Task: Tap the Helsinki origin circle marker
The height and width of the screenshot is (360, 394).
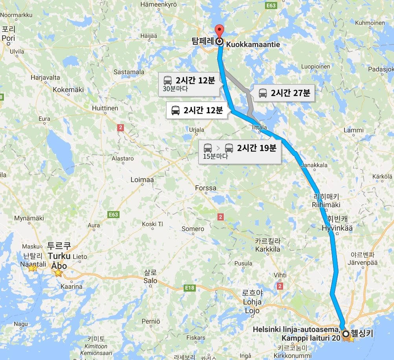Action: [346, 334]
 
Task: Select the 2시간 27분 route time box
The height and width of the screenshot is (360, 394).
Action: [284, 94]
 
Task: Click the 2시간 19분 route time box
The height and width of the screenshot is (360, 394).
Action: [240, 151]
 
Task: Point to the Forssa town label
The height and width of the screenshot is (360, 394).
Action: [206, 188]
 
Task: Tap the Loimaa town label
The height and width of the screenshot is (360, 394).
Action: [142, 180]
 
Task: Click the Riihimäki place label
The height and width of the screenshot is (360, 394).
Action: [326, 204]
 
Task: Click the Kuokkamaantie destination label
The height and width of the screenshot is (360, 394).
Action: [253, 45]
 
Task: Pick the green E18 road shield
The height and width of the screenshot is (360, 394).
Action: [190, 288]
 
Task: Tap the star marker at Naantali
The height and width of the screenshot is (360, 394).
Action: [32, 268]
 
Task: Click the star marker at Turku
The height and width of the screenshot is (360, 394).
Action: [58, 273]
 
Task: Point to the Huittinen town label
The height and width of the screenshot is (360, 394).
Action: [105, 108]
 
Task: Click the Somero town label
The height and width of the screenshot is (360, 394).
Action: [193, 229]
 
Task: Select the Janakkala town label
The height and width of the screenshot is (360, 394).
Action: [314, 165]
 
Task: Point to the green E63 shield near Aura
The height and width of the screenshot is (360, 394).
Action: [113, 215]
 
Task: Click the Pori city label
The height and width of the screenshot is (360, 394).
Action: [8, 39]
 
